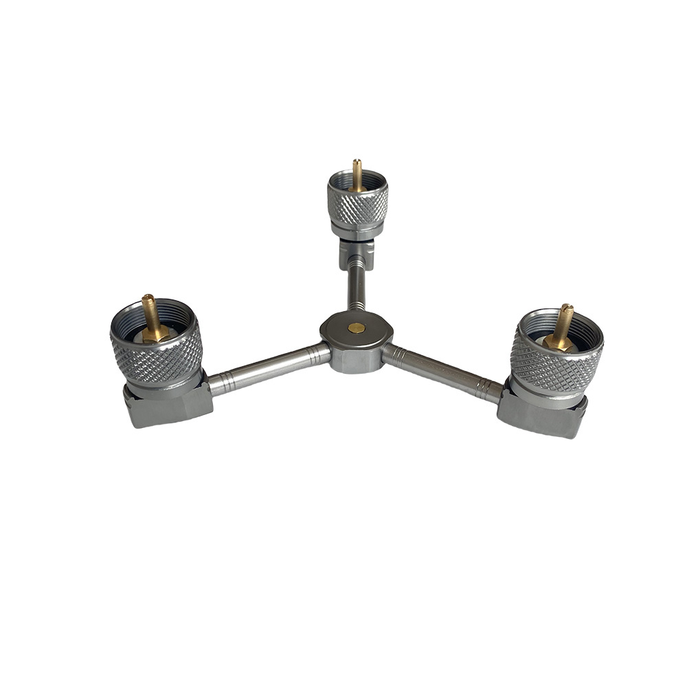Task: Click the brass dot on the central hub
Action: pos(356,328)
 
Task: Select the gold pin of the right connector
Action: pos(564,323)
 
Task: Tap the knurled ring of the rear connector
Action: pos(357,206)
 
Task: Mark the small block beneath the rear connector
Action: pos(356,254)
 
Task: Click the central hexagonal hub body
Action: pos(356,357)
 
